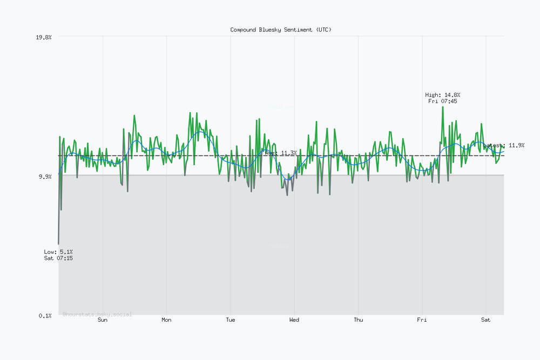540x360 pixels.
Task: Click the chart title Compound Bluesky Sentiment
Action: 281,30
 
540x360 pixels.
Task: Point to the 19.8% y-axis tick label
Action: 44,37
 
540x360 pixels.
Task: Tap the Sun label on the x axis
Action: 103,320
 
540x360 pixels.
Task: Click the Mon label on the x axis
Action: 166,320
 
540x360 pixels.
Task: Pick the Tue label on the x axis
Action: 231,320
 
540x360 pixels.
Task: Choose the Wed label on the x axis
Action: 294,320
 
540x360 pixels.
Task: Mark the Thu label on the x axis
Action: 358,320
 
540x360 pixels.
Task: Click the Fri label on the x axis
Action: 422,320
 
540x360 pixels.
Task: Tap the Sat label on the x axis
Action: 485,320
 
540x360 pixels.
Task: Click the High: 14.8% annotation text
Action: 443,95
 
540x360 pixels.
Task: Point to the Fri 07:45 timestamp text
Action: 443,101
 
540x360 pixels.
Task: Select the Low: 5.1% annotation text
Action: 58,252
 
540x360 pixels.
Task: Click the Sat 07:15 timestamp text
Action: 58,259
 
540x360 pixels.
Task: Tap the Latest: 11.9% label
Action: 504,145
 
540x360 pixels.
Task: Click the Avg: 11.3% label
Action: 281,153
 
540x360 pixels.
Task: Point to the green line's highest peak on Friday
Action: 443,107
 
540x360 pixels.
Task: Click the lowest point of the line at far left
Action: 58,244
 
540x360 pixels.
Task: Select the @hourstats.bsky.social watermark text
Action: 97,314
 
